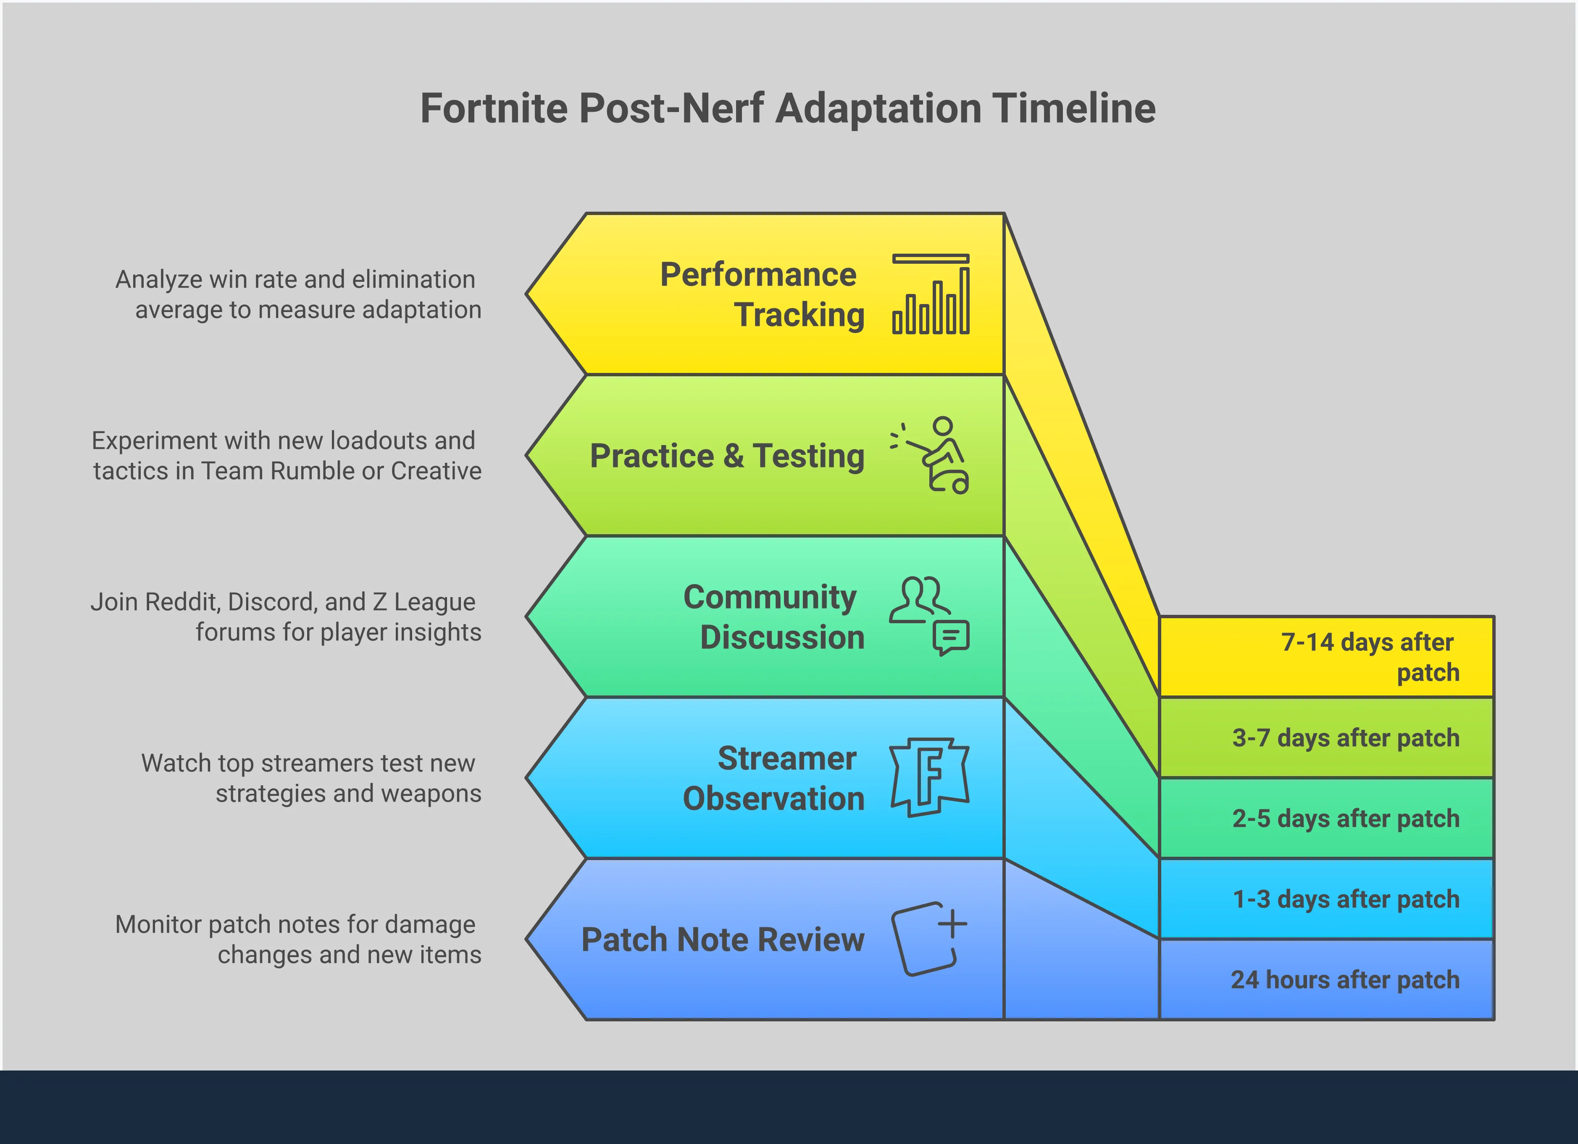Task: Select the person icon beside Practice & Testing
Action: [x=932, y=456]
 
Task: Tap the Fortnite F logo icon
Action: [x=930, y=777]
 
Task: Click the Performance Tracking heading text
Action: [x=762, y=294]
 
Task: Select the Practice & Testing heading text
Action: [x=727, y=456]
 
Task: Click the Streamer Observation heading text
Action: [x=774, y=778]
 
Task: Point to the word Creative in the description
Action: [x=436, y=471]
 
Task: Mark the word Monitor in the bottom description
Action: [x=158, y=924]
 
